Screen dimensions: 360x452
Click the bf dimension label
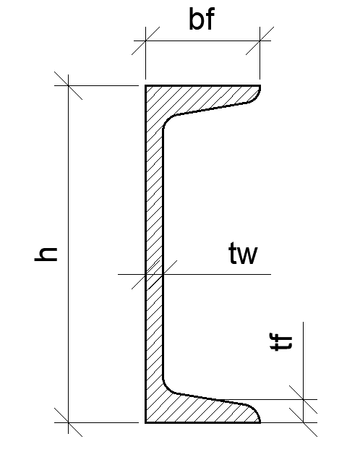click(x=202, y=19)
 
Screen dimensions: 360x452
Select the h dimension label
click(x=46, y=255)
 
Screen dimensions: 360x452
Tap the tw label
click(x=243, y=253)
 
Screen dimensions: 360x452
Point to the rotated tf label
click(x=281, y=341)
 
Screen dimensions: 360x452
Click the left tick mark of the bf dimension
click(x=145, y=41)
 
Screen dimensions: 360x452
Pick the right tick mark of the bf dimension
click(x=260, y=41)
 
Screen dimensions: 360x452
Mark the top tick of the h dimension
click(x=68, y=85)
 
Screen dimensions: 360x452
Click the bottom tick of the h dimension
click(x=68, y=422)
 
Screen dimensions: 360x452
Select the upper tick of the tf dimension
click(x=303, y=399)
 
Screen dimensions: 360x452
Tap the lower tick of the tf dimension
click(x=303, y=422)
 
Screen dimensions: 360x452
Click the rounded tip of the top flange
click(x=257, y=95)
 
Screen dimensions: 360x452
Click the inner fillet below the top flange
click(x=167, y=121)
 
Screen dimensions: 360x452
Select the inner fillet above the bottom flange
click(x=167, y=388)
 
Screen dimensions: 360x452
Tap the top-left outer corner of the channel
click(x=145, y=85)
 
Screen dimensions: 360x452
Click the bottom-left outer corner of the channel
click(x=145, y=422)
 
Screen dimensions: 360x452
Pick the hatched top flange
click(x=202, y=98)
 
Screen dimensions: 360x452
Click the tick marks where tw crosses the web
click(x=154, y=274)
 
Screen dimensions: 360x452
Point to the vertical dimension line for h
click(x=68, y=254)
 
